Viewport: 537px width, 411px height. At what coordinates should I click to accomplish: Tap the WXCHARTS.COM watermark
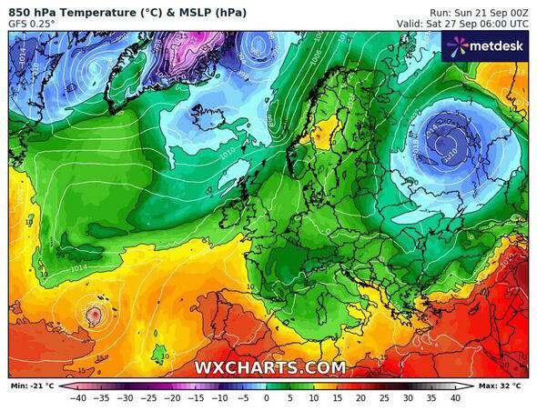(269, 368)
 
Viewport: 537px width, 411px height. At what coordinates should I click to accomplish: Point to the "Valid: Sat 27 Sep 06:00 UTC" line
(463, 23)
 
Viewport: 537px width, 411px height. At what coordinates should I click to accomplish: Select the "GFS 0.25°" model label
(32, 23)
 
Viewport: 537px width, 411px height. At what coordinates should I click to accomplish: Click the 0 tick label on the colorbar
(267, 398)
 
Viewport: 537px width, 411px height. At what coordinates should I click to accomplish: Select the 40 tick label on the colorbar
(455, 398)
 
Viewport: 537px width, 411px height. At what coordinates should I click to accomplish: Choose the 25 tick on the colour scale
(385, 398)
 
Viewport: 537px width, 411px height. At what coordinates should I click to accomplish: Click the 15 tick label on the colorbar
(338, 398)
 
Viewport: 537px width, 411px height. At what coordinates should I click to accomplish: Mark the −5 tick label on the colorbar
(242, 398)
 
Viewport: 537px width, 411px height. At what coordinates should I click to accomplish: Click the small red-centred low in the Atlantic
(93, 315)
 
